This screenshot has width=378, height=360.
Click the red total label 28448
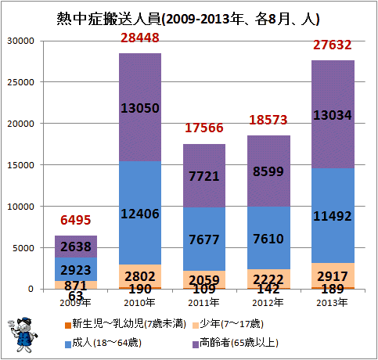tap(140, 38)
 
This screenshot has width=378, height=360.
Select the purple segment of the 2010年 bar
tap(140, 107)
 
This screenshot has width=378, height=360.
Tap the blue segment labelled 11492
tap(333, 215)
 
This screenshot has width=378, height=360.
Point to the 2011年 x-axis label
tap(203, 303)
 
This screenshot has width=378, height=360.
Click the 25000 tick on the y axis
tap(20, 82)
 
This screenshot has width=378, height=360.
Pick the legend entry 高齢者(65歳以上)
tap(236, 343)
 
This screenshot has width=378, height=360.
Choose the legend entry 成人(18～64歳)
tap(103, 343)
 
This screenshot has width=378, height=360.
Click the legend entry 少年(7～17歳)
tap(229, 324)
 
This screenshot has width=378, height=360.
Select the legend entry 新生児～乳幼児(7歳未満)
tap(125, 324)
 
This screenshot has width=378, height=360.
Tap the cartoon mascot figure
tap(23, 335)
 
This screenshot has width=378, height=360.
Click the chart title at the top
tap(188, 19)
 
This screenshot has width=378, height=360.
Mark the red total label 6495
tap(76, 220)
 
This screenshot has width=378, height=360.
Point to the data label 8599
tap(268, 171)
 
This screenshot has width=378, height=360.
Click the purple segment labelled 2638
tap(76, 247)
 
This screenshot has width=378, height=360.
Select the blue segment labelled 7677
tap(204, 239)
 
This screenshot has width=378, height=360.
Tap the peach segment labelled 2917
tap(333, 275)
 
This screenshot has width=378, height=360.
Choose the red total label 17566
tap(204, 128)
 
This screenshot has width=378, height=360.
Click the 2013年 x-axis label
tap(332, 303)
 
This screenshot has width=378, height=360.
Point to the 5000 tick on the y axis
tap(23, 248)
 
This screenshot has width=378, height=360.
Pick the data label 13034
tap(333, 115)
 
